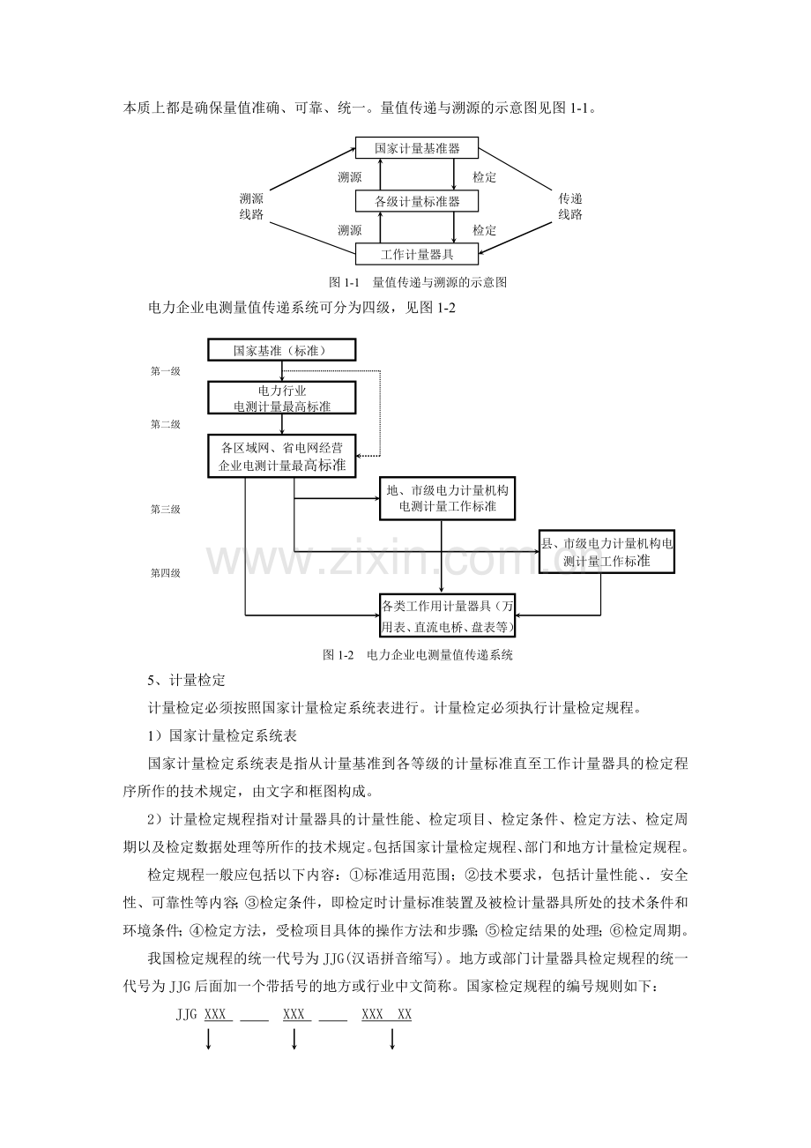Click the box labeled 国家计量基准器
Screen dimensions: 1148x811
(x=417, y=148)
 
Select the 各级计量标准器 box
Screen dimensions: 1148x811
(x=417, y=202)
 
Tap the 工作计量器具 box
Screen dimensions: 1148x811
(x=417, y=255)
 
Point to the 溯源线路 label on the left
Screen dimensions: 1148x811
(x=251, y=206)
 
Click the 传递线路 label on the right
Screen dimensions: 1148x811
(x=570, y=206)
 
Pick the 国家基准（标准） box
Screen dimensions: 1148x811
(x=280, y=350)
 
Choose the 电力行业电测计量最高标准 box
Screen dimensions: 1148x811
(x=281, y=398)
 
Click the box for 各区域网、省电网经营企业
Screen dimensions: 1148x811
(x=281, y=457)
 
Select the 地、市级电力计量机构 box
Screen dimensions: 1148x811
(x=447, y=498)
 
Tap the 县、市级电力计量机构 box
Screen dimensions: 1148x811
(x=606, y=552)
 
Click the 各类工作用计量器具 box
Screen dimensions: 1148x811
(x=447, y=615)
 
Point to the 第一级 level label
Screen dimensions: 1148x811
(x=165, y=371)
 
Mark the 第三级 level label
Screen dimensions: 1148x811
(x=165, y=509)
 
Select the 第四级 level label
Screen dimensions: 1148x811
(x=165, y=573)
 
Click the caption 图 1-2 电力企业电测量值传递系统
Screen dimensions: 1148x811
(x=418, y=655)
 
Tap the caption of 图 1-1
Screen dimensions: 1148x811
(x=417, y=282)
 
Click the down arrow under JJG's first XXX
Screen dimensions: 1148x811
(x=209, y=1041)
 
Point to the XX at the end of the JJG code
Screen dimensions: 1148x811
(x=405, y=1015)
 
